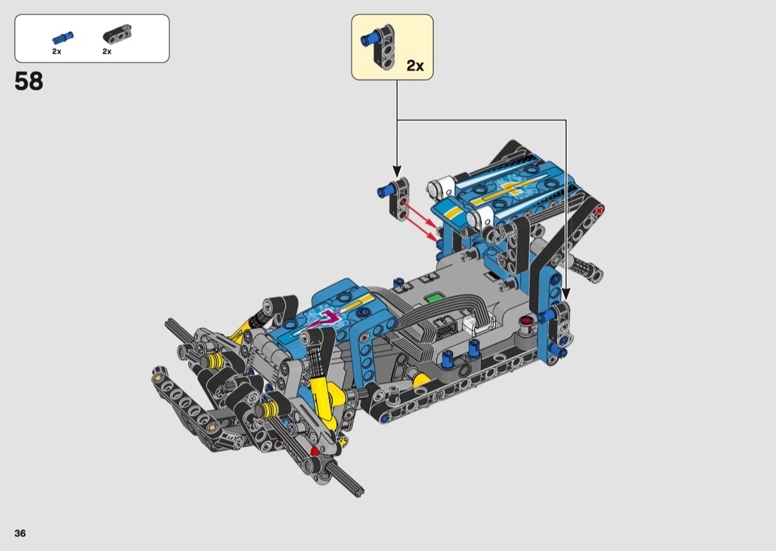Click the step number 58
point(29,81)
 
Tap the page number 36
point(20,533)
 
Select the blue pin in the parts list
point(63,38)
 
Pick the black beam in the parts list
point(118,34)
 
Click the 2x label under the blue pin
point(56,52)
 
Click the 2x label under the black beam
point(107,52)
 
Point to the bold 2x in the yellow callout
point(415,66)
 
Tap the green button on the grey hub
point(434,298)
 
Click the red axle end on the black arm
point(600,211)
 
